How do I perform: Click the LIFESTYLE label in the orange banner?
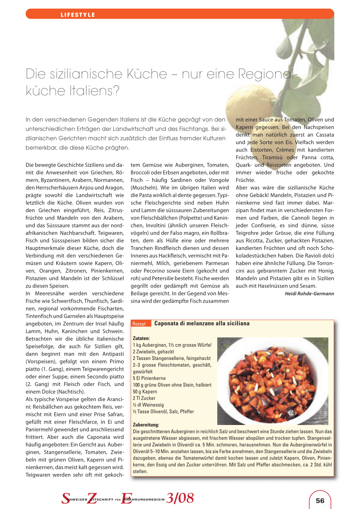(x=78, y=15)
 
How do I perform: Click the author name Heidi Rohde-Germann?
(x=309, y=294)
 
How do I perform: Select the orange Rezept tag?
(x=139, y=324)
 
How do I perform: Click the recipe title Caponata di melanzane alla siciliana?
(x=202, y=323)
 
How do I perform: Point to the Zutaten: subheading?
(x=141, y=338)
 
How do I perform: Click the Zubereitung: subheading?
(x=146, y=425)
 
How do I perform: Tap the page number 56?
(x=320, y=501)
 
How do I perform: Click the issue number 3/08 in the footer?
(x=180, y=498)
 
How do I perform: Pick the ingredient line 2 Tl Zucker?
(x=144, y=398)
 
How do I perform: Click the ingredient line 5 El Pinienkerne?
(x=149, y=378)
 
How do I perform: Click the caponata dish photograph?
(x=272, y=381)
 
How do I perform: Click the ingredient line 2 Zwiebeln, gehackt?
(x=153, y=352)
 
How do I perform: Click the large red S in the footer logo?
(x=66, y=498)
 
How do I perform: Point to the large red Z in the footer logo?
(x=92, y=498)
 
